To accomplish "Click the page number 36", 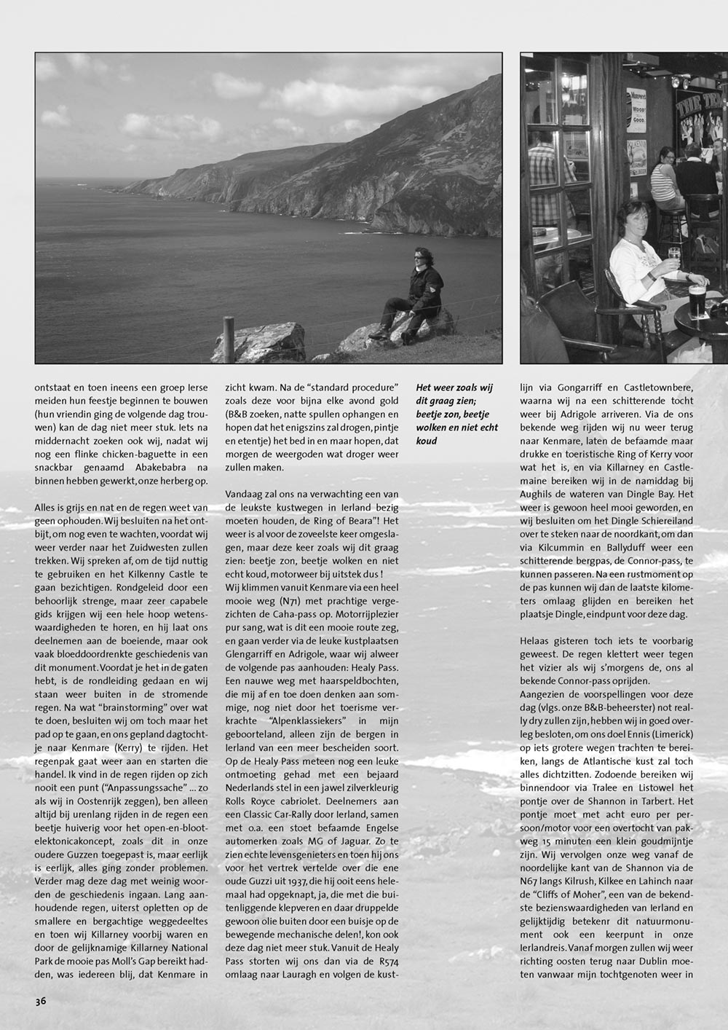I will point(41,1001).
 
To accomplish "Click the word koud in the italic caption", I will point(428,441).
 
